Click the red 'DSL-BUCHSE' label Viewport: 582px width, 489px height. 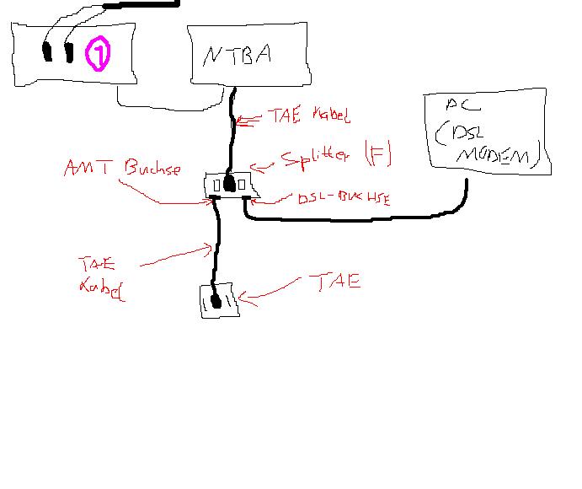[x=343, y=199]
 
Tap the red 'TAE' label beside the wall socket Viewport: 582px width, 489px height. [x=335, y=282]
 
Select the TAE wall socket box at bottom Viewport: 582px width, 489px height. [x=219, y=301]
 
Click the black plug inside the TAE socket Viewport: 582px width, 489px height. [x=216, y=300]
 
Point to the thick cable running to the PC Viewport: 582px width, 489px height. [x=354, y=220]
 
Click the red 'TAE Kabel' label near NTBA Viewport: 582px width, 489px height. [x=299, y=116]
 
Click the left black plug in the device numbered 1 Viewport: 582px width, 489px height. [x=46, y=51]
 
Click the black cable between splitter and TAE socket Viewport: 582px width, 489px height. [x=217, y=244]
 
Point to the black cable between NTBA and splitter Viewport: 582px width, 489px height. [x=232, y=135]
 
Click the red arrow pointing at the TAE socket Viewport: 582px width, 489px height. [x=270, y=294]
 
